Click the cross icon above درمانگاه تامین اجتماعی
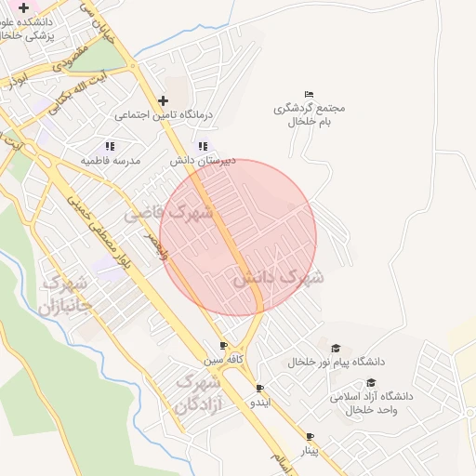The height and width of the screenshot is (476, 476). (x=164, y=100)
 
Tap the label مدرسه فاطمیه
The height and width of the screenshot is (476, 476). (x=110, y=161)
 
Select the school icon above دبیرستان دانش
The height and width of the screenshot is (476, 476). (x=203, y=146)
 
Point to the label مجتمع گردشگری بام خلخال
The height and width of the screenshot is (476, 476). (x=310, y=114)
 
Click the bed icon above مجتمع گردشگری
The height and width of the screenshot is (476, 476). (x=310, y=93)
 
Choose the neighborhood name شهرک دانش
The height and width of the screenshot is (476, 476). (x=278, y=277)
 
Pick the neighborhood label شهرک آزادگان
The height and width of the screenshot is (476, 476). (x=197, y=394)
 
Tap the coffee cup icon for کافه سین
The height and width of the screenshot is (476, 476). (x=223, y=345)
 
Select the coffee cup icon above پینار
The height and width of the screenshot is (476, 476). (x=310, y=436)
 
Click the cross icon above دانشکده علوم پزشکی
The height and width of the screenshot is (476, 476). (x=23, y=7)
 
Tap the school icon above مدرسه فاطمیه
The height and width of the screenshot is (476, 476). (x=110, y=146)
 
